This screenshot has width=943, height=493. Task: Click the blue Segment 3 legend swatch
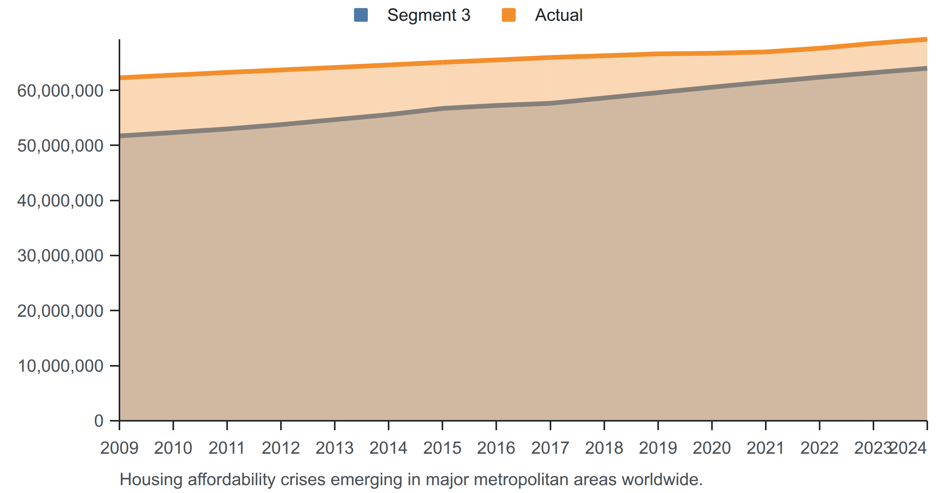pyautogui.click(x=361, y=15)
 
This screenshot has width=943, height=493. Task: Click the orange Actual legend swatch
pyautogui.click(x=509, y=15)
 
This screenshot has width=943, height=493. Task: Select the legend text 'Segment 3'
pyautogui.click(x=429, y=15)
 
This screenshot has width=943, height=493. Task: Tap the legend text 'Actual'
pyautogui.click(x=559, y=15)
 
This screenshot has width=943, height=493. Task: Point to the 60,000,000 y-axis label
pyautogui.click(x=60, y=91)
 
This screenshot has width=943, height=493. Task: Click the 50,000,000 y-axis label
pyautogui.click(x=60, y=146)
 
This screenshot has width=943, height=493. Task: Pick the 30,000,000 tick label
pyautogui.click(x=60, y=256)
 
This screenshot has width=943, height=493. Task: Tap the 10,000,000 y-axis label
pyautogui.click(x=60, y=366)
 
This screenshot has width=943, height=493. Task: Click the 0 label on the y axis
pyautogui.click(x=99, y=421)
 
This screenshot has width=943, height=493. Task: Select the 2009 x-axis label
pyautogui.click(x=119, y=448)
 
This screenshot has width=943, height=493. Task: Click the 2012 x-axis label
pyautogui.click(x=281, y=448)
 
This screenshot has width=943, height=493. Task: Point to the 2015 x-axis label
pyautogui.click(x=442, y=448)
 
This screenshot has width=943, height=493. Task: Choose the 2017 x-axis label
pyautogui.click(x=550, y=448)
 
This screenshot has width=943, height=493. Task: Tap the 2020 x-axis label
pyautogui.click(x=712, y=448)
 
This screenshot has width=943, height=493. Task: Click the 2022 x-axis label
pyautogui.click(x=820, y=448)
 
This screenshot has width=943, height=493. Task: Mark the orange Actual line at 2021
pyautogui.click(x=766, y=52)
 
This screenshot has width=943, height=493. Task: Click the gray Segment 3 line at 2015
pyautogui.click(x=442, y=108)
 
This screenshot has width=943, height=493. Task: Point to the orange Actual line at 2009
pyautogui.click(x=120, y=78)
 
